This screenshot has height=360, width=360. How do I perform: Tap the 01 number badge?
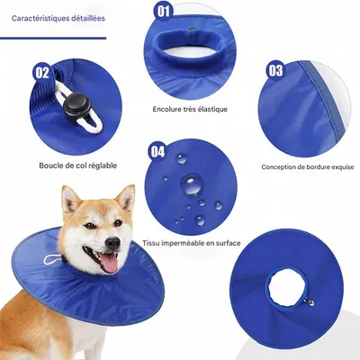point(163,12)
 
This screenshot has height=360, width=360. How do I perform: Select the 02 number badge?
point(42,72)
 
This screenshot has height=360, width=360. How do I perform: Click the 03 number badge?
point(275,70)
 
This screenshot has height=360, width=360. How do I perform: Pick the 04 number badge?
point(157,151)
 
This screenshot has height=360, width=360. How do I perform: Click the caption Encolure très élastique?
point(190,109)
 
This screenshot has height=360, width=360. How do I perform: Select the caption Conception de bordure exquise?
point(306,166)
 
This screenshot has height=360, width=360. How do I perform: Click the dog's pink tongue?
point(107,262)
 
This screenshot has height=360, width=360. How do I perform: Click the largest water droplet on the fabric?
point(192,185)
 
